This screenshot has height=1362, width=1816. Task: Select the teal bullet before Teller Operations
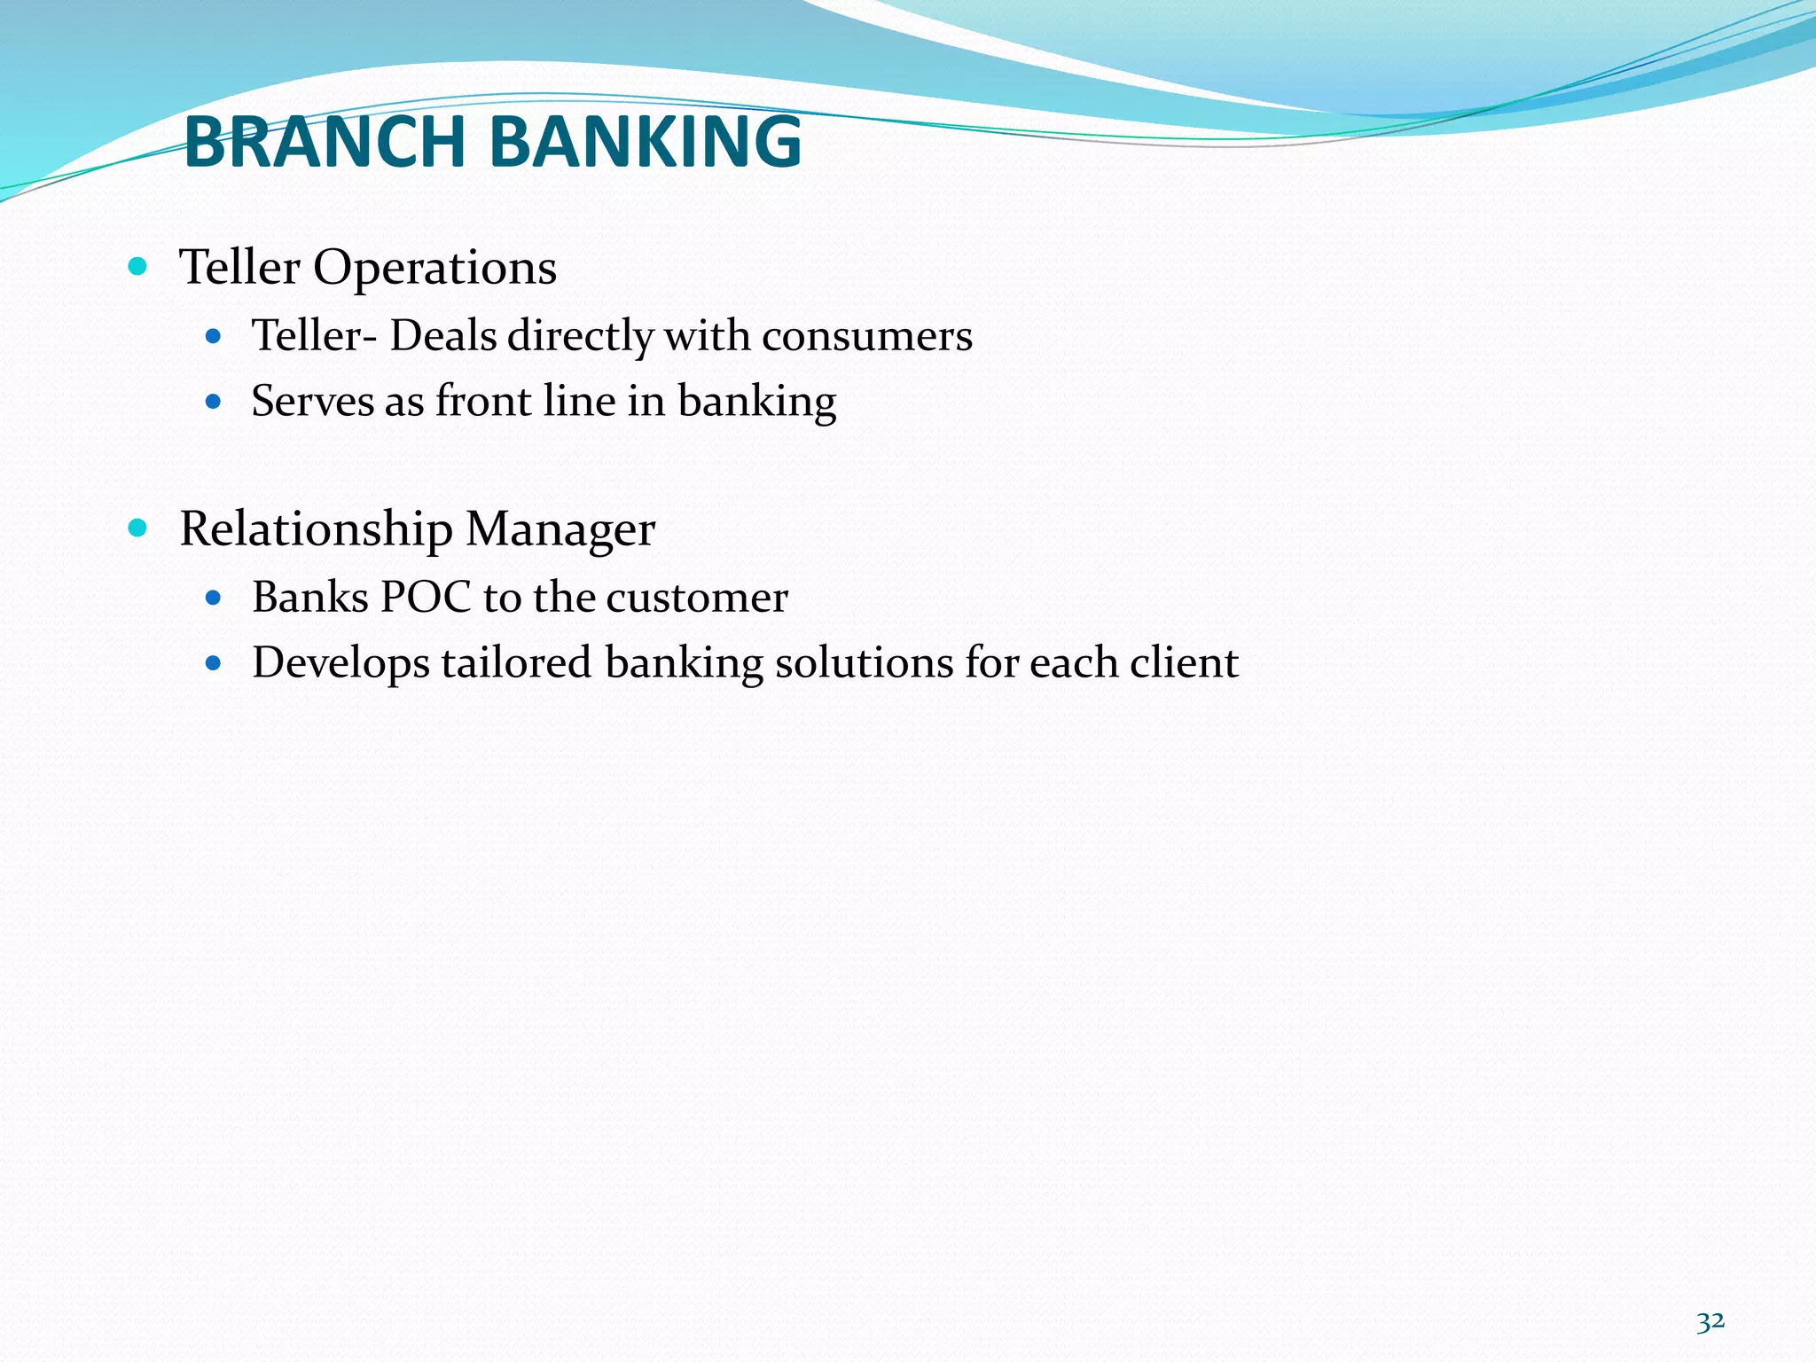point(137,266)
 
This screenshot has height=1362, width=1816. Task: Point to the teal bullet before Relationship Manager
point(137,528)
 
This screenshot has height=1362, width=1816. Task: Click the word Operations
point(434,268)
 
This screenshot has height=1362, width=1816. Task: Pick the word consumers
point(866,336)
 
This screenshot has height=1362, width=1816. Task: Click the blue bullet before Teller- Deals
point(213,337)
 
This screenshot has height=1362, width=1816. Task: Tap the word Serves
point(312,401)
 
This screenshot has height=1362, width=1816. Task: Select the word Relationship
point(316,530)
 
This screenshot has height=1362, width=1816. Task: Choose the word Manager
point(560,530)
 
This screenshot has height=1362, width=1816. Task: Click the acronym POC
point(425,597)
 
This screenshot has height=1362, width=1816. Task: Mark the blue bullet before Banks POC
point(213,598)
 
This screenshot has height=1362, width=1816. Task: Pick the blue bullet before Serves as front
point(213,402)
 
